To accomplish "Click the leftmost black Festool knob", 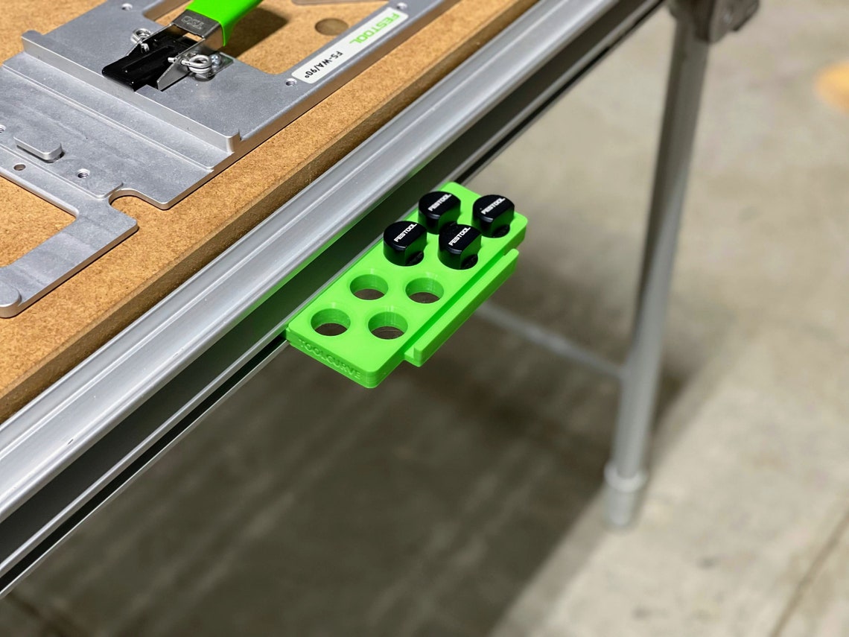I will pyautogui.click(x=404, y=238).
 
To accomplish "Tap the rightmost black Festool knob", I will pyautogui.click(x=493, y=211).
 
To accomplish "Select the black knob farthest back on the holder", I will pyautogui.click(x=439, y=207).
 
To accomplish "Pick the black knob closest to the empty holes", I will pyautogui.click(x=459, y=242).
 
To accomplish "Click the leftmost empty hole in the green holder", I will pyautogui.click(x=330, y=322).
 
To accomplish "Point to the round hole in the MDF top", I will pyautogui.click(x=331, y=27).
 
